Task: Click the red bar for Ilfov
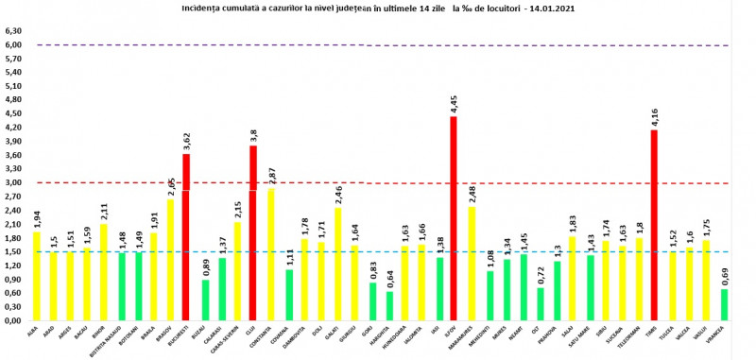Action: (454, 218)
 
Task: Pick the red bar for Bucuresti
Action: (186, 237)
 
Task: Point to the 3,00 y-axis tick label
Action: (12, 182)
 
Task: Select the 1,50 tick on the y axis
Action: (12, 252)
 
